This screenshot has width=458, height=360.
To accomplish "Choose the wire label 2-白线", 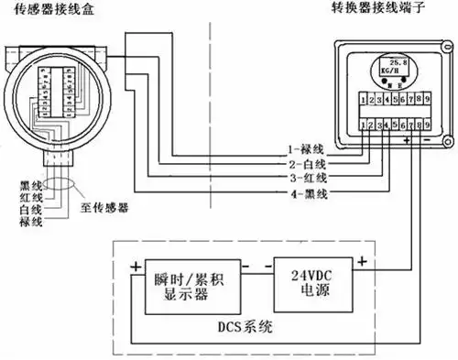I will point(301,163).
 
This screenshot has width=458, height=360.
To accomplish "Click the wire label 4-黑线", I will point(301,194).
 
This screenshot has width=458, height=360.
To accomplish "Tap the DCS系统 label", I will point(240,324).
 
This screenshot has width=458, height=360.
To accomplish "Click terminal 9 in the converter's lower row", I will point(426,122).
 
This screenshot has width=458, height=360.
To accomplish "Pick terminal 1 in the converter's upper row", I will point(365,97).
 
